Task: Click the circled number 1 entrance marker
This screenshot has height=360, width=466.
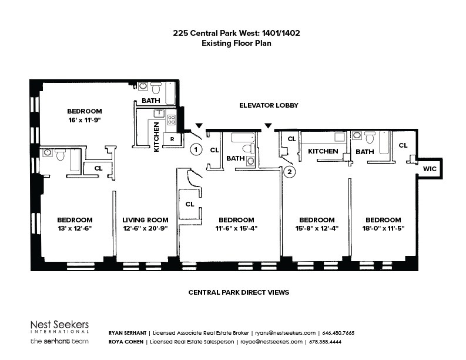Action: pyautogui.click(x=196, y=149)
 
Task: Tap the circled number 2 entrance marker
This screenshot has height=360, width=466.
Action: pyautogui.click(x=290, y=172)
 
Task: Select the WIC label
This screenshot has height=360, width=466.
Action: pyautogui.click(x=430, y=169)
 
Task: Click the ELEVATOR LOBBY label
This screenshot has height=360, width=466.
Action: pyautogui.click(x=269, y=105)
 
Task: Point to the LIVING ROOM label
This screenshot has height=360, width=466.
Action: pyautogui.click(x=145, y=220)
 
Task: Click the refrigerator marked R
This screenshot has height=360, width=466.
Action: pyautogui.click(x=172, y=139)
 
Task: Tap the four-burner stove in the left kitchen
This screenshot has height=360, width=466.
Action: pyautogui.click(x=172, y=119)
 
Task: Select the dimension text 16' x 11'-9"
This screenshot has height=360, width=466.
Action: pyautogui.click(x=85, y=120)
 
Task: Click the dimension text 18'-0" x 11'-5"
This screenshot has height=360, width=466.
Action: pyautogui.click(x=383, y=228)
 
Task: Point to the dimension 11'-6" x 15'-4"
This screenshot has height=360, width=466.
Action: pyautogui.click(x=236, y=228)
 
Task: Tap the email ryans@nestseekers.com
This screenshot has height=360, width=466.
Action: pyautogui.click(x=286, y=333)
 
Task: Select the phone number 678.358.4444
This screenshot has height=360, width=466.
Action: pyautogui.click(x=325, y=342)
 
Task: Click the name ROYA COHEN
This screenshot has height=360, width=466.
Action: pyautogui.click(x=126, y=342)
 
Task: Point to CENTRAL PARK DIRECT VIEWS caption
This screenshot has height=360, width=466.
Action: pyautogui.click(x=239, y=292)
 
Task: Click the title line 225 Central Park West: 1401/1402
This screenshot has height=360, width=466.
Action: pyautogui.click(x=236, y=33)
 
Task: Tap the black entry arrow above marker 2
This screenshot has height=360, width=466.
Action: pyautogui.click(x=269, y=126)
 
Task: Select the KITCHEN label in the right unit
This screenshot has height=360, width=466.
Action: pyautogui.click(x=323, y=151)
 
